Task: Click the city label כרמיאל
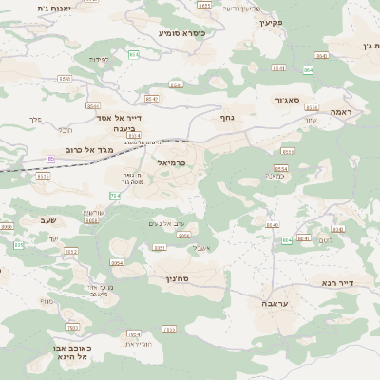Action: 168,163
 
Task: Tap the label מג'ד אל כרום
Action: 89,150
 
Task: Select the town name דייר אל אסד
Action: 122,117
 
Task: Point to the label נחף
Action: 227,118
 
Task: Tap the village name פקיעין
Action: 271,22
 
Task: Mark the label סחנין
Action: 178,279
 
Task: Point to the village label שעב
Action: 47,220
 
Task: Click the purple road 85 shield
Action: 50,159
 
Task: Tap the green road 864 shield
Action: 308,70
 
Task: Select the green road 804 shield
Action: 287,240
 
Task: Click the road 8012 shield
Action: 71,252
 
